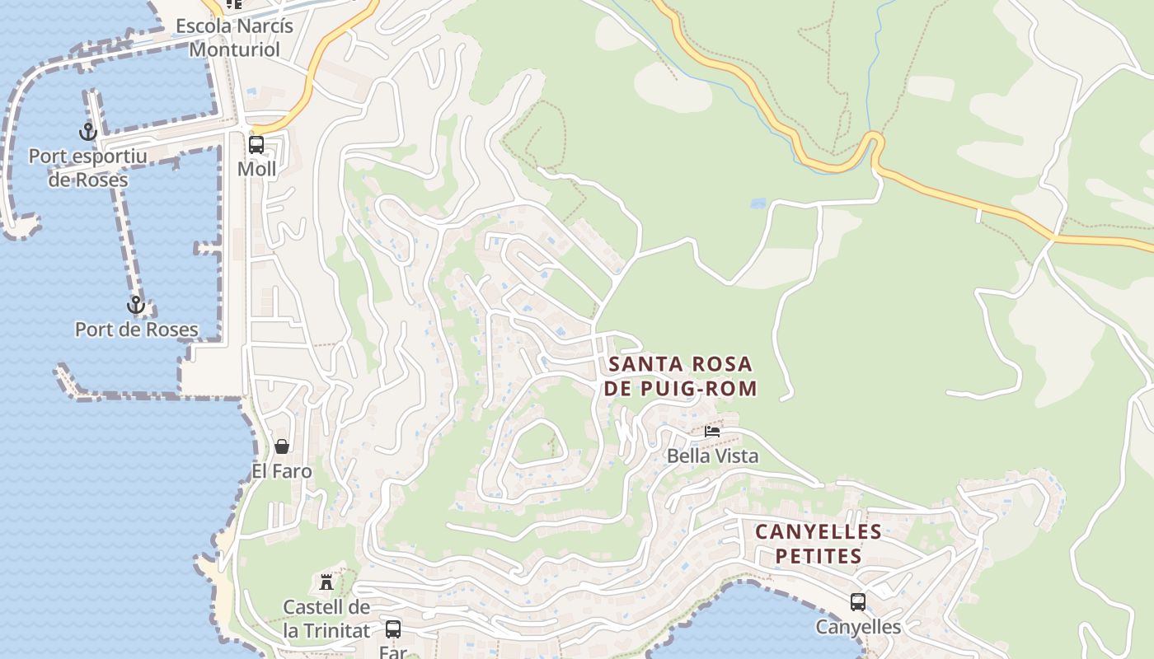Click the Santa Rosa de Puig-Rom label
coord(680,376)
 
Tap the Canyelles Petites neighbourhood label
coord(819,544)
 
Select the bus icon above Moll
coord(256,145)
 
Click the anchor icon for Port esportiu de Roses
coord(87,131)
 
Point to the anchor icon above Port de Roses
coord(135,306)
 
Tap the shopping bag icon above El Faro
coord(282,446)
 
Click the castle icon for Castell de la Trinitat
coord(326,582)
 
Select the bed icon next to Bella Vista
coord(712,431)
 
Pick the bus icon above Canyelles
coord(858,602)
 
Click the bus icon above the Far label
coord(393,629)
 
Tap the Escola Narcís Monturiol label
coord(234,38)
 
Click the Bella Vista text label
coord(712,456)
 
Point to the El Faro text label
coord(282,471)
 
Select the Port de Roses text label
coord(137,329)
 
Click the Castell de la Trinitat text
coord(326,619)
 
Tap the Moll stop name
coord(256,169)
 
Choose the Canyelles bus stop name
coord(858,627)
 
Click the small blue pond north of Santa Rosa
coord(758,203)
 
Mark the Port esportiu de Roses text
coord(87,168)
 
